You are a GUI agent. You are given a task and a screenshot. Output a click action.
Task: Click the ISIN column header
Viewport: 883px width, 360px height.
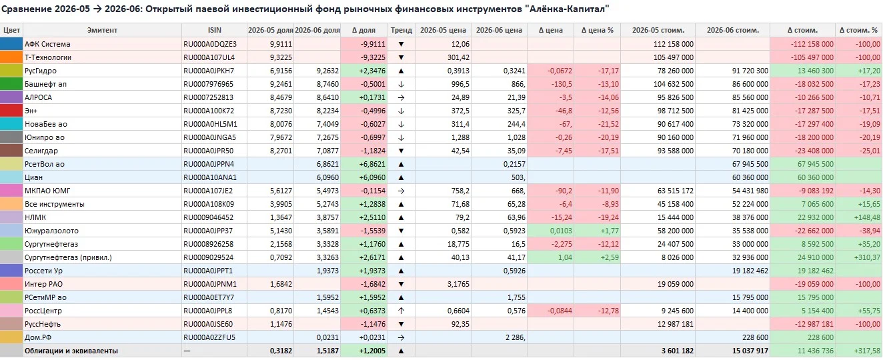tap(215, 30)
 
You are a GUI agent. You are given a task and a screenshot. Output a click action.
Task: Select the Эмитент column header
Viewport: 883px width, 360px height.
tap(102, 30)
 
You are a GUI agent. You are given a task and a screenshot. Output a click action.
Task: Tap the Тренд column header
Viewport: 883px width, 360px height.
tap(401, 30)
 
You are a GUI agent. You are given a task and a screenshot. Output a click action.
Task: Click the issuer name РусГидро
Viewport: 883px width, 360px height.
tap(41, 71)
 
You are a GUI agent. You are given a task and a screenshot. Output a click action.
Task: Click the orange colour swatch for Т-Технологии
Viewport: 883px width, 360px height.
tap(11, 57)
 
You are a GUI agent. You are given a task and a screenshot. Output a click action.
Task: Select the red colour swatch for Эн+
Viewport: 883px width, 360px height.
tap(11, 111)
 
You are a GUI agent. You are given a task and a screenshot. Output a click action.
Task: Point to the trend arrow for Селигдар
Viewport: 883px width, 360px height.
tap(401, 151)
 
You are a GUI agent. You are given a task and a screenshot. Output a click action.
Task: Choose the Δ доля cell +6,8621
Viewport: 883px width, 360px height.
tap(372, 164)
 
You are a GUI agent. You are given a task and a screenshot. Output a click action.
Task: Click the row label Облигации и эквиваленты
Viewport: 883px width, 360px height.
tap(71, 351)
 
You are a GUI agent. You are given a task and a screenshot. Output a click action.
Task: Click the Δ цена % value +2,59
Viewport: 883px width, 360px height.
tap(610, 257)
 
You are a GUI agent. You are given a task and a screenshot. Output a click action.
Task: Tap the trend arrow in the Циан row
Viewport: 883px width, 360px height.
tap(401, 177)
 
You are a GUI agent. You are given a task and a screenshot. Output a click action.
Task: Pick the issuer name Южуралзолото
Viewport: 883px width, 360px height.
tap(51, 231)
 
